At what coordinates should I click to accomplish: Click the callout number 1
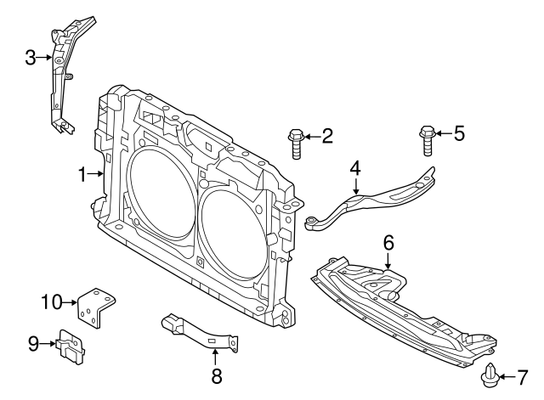coord(82,175)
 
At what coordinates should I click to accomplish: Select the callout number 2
coord(327,135)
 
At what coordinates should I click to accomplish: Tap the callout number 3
coord(30,58)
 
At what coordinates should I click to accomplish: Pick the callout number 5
coord(459,132)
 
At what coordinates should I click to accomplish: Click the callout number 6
coord(388,243)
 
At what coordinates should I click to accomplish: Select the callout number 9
coord(34,343)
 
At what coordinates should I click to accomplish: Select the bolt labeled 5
coord(428,139)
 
